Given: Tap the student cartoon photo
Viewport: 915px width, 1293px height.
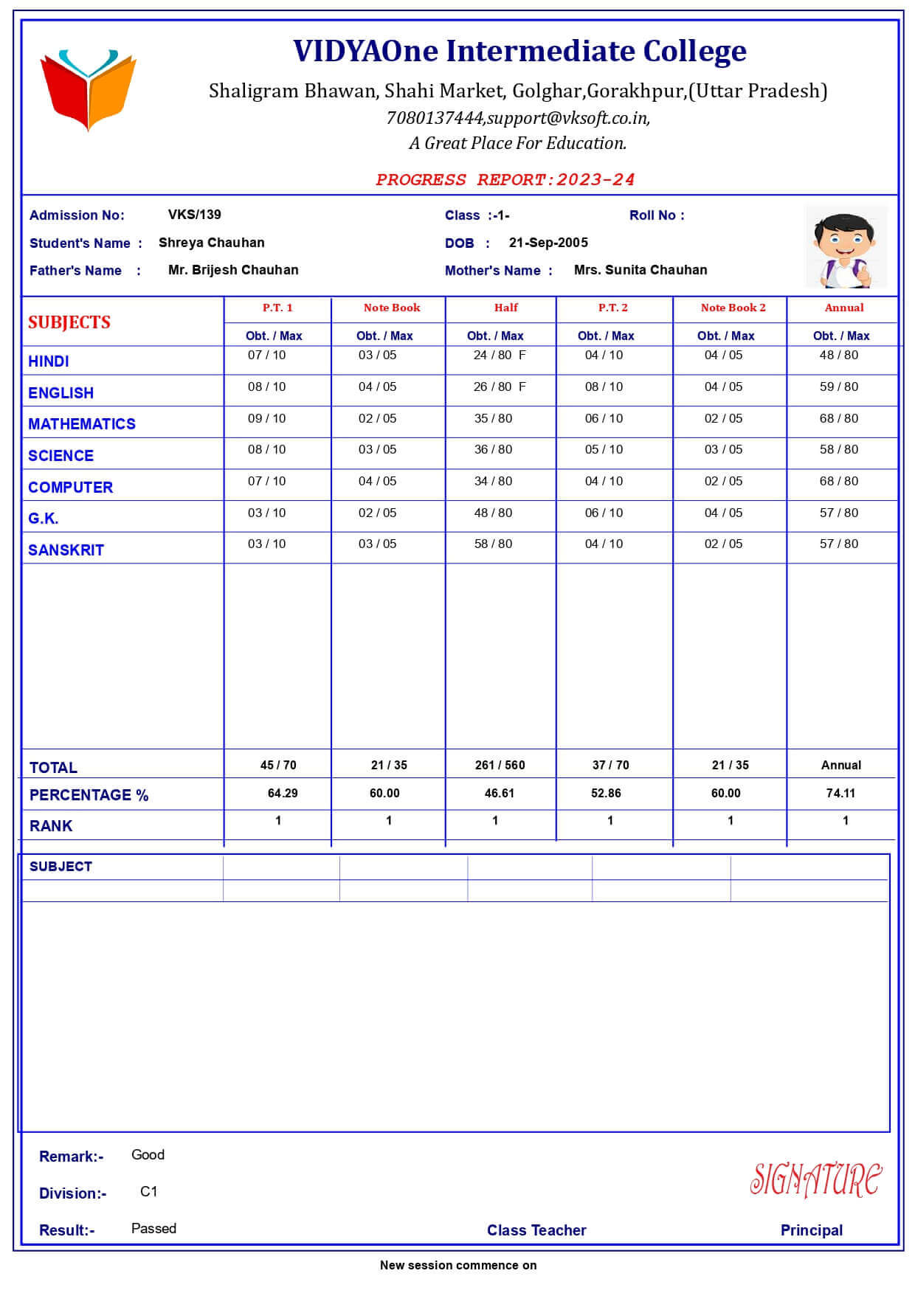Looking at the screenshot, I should pyautogui.click(x=846, y=247).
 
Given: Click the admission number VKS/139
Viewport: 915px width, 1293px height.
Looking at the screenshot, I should pyautogui.click(x=194, y=215).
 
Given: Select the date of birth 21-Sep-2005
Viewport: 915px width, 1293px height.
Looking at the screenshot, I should pyautogui.click(x=548, y=243).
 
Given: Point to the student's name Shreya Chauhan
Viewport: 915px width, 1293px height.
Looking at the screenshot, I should pyautogui.click(x=211, y=243).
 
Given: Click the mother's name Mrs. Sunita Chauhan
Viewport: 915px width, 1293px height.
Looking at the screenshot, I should pyautogui.click(x=640, y=270).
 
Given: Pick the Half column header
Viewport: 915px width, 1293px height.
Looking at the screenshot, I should pyautogui.click(x=505, y=308).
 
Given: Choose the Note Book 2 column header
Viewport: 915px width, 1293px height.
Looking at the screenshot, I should pyautogui.click(x=733, y=308).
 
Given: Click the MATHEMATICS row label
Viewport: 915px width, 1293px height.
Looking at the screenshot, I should pyautogui.click(x=82, y=424).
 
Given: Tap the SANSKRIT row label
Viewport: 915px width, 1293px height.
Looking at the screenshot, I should pyautogui.click(x=66, y=550).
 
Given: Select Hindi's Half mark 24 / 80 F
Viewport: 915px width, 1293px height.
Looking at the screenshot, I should pyautogui.click(x=500, y=355).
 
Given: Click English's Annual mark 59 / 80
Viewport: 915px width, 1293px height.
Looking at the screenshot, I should pyautogui.click(x=839, y=386).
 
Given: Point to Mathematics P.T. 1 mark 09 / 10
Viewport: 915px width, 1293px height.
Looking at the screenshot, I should pyautogui.click(x=266, y=418).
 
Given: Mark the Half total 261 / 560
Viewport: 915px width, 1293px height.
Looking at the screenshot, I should pyautogui.click(x=500, y=765).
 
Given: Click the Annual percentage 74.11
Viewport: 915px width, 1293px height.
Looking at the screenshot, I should pyautogui.click(x=840, y=793).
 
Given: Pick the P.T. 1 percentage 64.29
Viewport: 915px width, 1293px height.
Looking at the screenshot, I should pyautogui.click(x=283, y=793).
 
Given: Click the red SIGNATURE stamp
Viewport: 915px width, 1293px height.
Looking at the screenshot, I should pyautogui.click(x=815, y=1179).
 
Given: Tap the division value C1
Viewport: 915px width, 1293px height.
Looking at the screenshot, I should pyautogui.click(x=148, y=1191).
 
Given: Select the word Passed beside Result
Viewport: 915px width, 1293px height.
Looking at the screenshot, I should pyautogui.click(x=153, y=1228).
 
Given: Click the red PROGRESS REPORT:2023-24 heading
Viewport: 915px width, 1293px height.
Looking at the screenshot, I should pyautogui.click(x=505, y=179).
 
